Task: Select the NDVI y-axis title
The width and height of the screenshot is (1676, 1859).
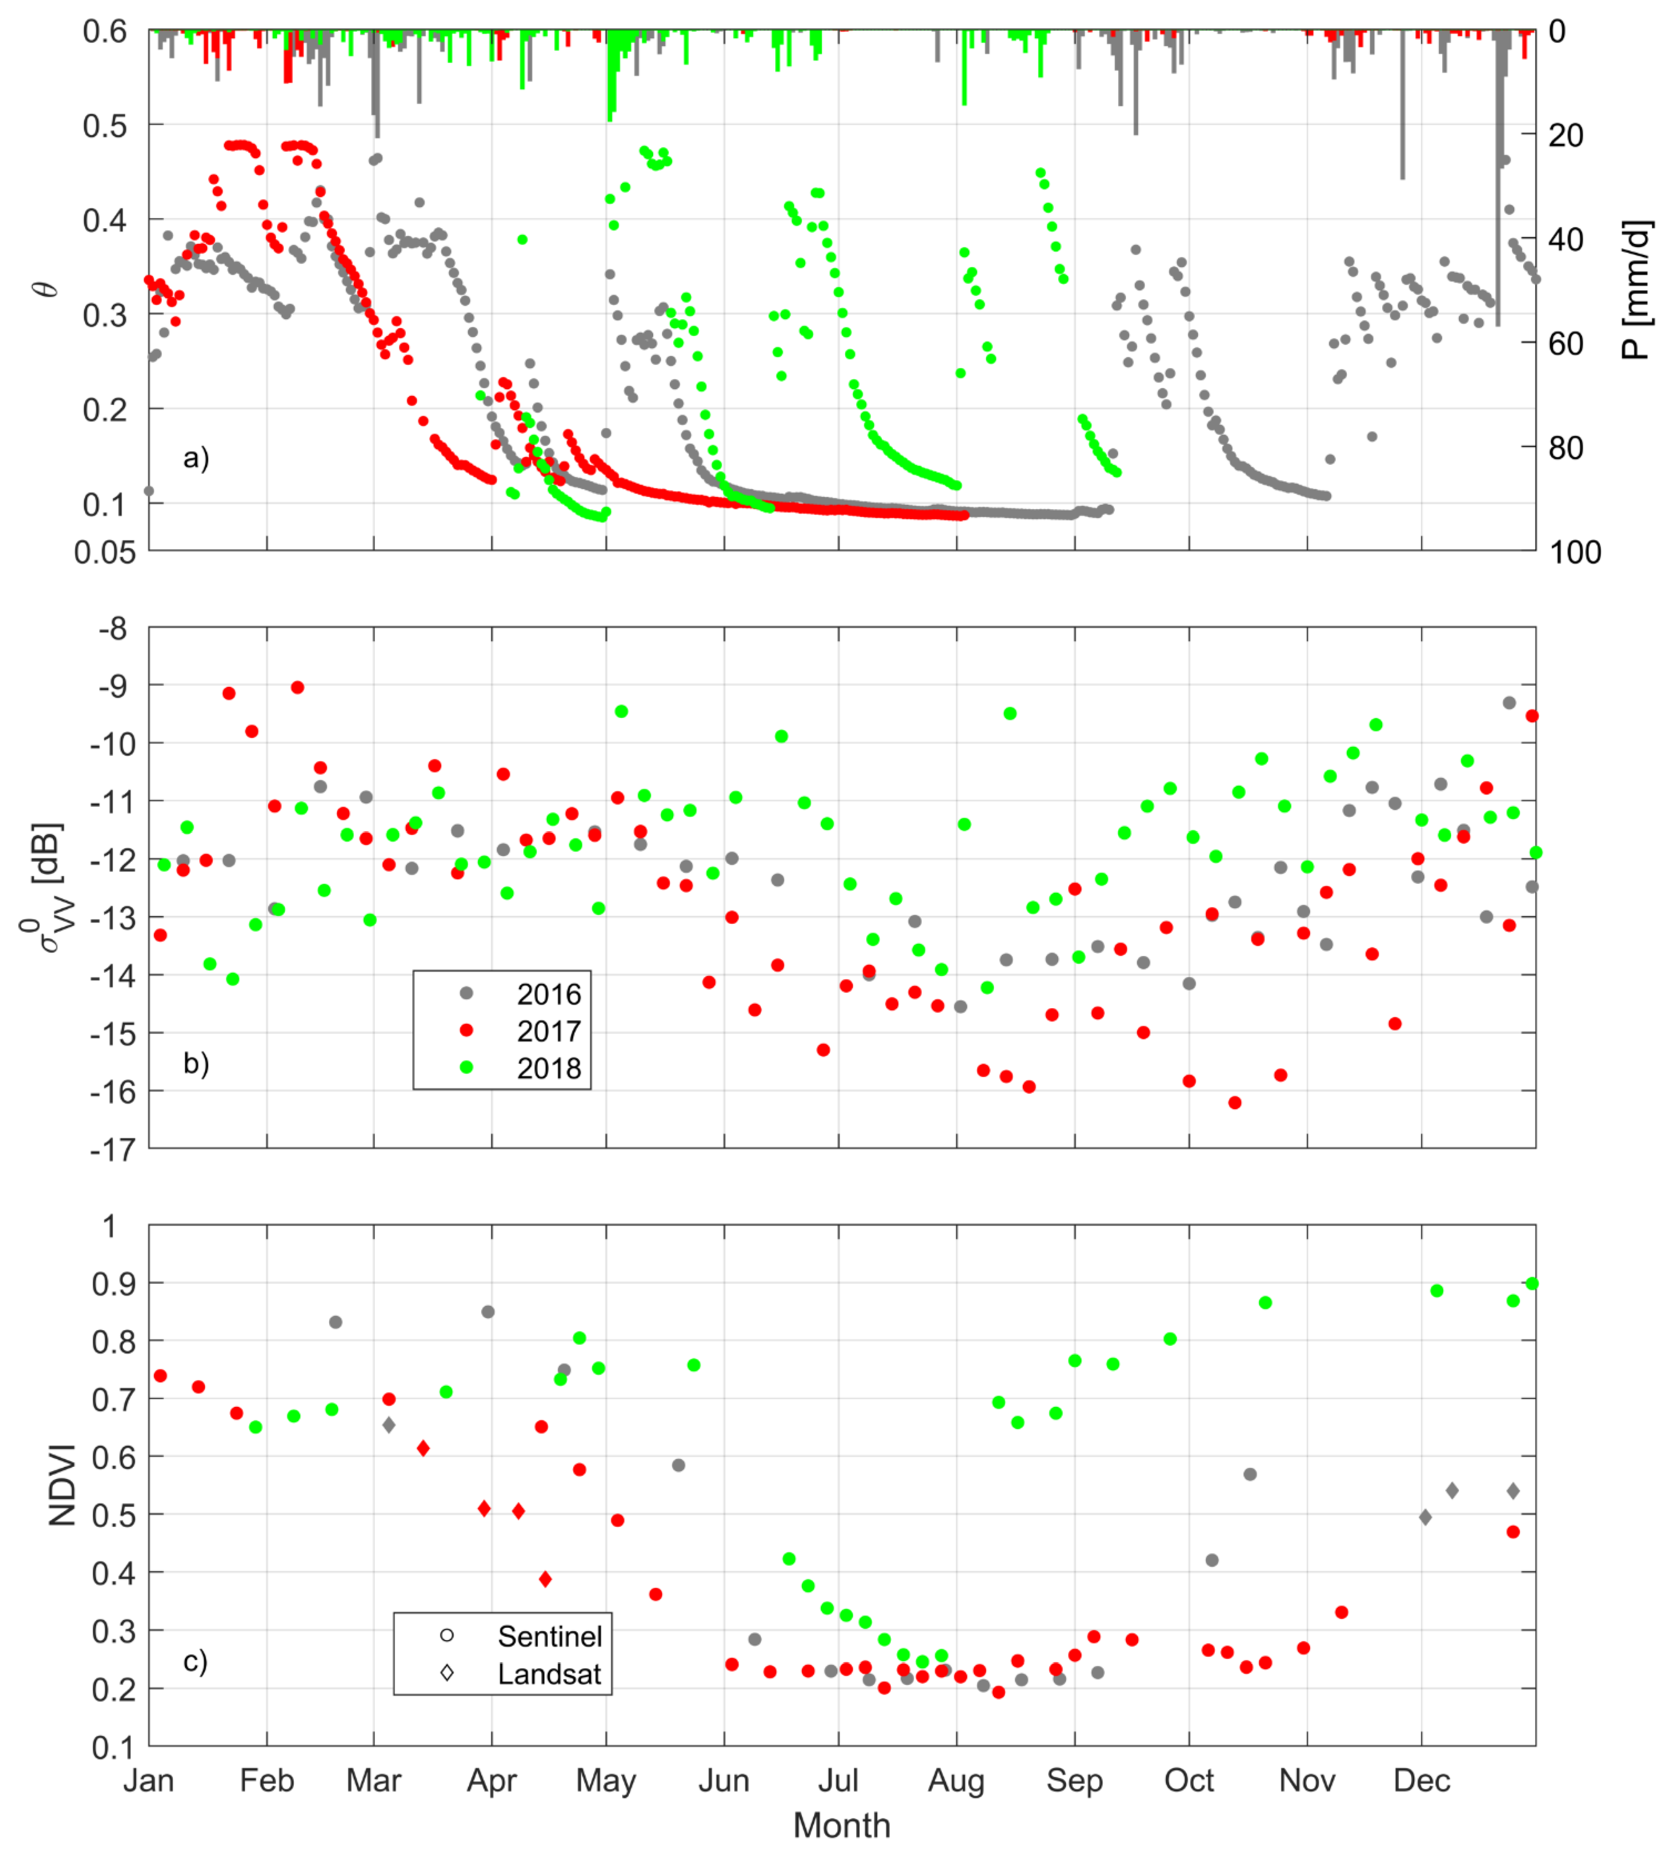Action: click(63, 1485)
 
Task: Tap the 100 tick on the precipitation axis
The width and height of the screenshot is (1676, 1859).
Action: click(1576, 553)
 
